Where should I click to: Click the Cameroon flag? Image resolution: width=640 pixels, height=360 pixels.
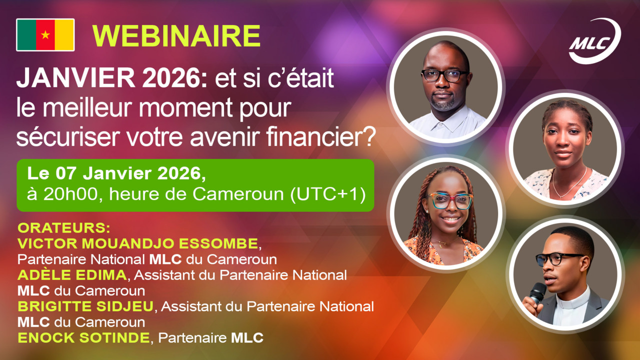(45, 35)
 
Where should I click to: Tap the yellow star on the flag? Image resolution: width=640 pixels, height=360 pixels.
(45, 35)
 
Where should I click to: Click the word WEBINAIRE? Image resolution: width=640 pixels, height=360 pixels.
(176, 35)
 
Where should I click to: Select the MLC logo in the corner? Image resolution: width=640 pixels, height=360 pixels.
(594, 42)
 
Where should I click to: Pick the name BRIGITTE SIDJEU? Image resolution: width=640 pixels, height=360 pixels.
(86, 306)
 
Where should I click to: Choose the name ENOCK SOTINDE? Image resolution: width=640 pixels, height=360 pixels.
(83, 337)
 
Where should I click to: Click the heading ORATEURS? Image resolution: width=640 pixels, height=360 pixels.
(64, 228)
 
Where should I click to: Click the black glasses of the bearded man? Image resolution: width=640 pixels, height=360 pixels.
(444, 75)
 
